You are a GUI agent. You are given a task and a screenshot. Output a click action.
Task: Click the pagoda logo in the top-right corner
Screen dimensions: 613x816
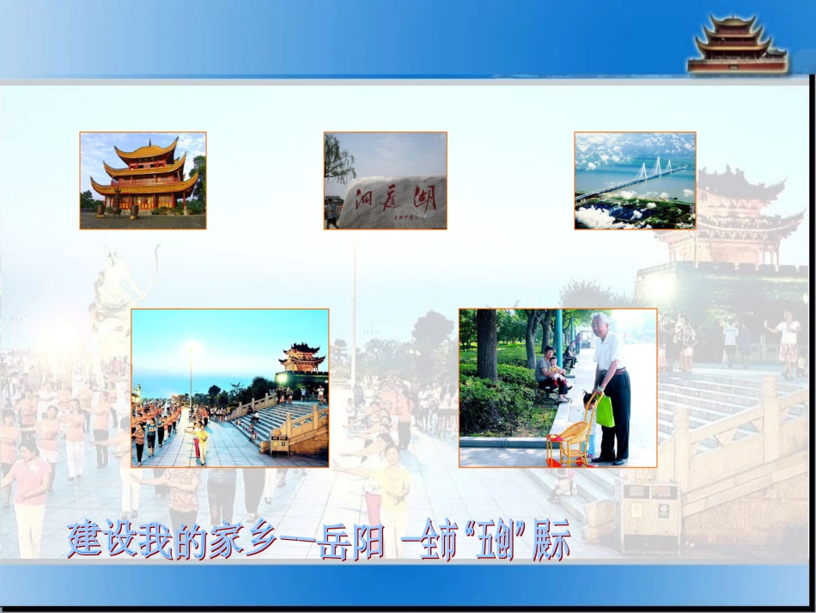click(x=736, y=43)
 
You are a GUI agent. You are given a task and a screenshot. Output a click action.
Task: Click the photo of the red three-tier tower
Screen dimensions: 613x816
click(x=143, y=180)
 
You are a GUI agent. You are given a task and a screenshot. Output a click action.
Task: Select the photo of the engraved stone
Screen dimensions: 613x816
click(x=385, y=180)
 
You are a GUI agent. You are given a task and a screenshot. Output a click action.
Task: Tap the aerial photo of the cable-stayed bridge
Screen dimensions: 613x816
click(x=635, y=180)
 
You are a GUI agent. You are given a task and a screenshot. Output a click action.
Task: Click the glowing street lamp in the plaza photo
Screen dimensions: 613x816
click(x=191, y=349)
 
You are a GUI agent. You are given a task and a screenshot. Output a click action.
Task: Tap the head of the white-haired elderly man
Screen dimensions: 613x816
click(x=600, y=323)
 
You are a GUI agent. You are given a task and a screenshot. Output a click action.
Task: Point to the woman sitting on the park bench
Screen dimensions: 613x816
click(x=550, y=372)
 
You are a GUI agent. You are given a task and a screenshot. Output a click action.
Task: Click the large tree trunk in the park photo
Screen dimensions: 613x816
click(x=487, y=344)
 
